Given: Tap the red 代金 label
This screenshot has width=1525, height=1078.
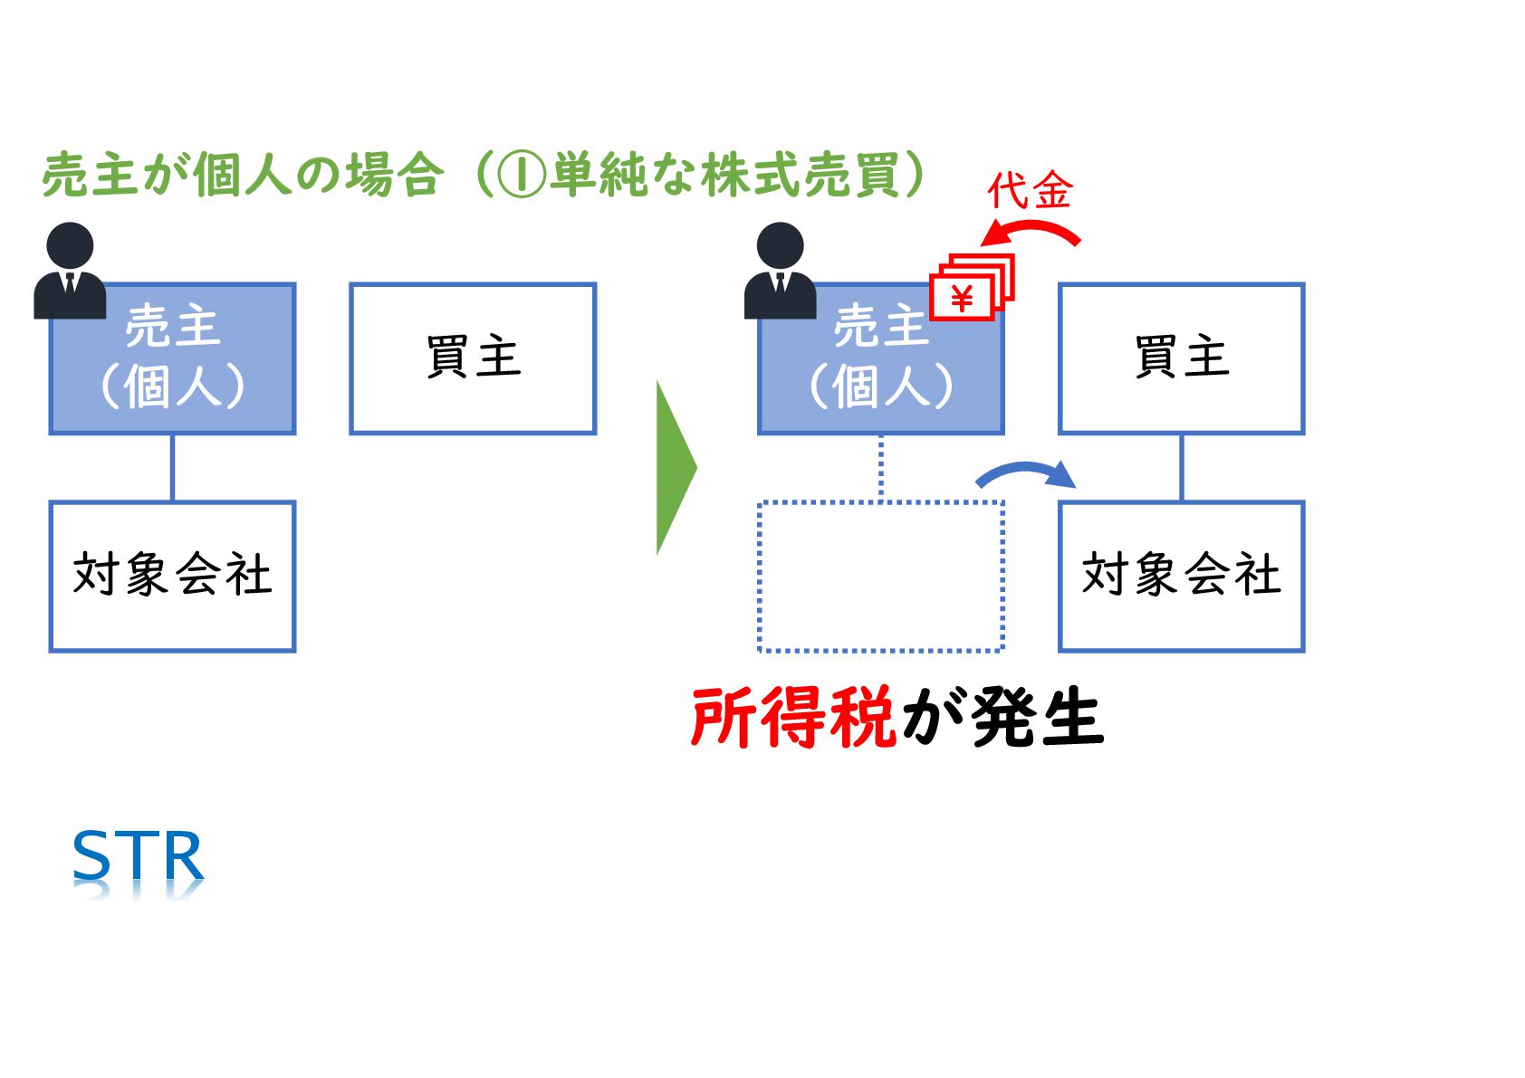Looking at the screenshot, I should [x=1030, y=191].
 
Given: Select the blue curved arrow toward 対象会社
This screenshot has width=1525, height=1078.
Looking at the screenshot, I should [x=1025, y=472].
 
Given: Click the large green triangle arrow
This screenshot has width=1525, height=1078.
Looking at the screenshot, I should [x=674, y=467].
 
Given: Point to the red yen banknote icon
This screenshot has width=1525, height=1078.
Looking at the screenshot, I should [x=971, y=287].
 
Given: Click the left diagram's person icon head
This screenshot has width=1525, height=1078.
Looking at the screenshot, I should [x=70, y=245].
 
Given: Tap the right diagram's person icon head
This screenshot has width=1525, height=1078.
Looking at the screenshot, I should [x=780, y=245].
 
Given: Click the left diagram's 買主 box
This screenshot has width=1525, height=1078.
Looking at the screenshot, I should [x=473, y=358].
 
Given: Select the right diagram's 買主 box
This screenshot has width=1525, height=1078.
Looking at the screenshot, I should [x=1181, y=358].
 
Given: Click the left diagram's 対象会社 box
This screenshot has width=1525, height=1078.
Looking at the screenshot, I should [x=172, y=576].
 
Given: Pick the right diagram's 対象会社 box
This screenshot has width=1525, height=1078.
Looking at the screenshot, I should [x=1181, y=576].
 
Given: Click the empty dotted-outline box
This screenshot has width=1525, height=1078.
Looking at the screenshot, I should [x=880, y=576].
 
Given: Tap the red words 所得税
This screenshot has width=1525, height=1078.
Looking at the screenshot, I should [x=793, y=718].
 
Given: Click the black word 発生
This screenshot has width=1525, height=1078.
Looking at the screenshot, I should [x=1038, y=718].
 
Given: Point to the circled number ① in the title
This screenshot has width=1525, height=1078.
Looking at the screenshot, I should [x=523, y=175].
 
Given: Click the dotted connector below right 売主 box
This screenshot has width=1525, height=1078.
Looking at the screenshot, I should [x=881, y=467].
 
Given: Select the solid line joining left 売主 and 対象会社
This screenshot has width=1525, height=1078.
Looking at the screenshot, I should [x=172, y=467].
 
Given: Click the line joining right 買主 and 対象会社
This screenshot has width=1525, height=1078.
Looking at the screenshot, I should [x=1181, y=467].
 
